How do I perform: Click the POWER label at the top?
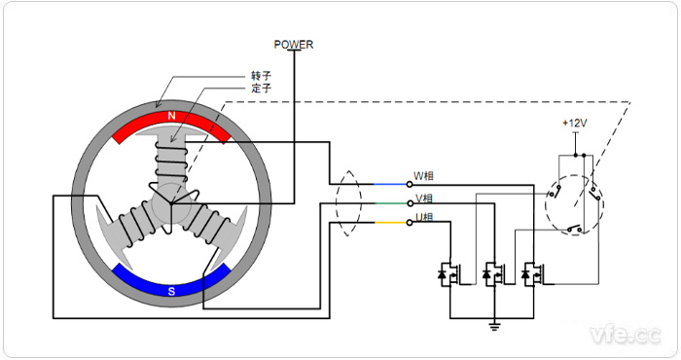point(294,44)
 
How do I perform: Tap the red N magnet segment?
point(172,121)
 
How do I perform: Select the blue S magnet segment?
point(171,281)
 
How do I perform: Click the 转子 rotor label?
point(260,74)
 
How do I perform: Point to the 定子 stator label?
point(260,88)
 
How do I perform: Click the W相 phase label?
point(425,176)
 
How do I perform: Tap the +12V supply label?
point(575,124)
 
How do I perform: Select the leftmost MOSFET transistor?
point(450,275)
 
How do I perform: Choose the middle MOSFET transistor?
point(492,275)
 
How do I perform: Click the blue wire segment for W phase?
point(389,184)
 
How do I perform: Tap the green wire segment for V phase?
point(389,203)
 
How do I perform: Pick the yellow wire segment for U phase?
point(389,223)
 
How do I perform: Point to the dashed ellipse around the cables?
point(345,203)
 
